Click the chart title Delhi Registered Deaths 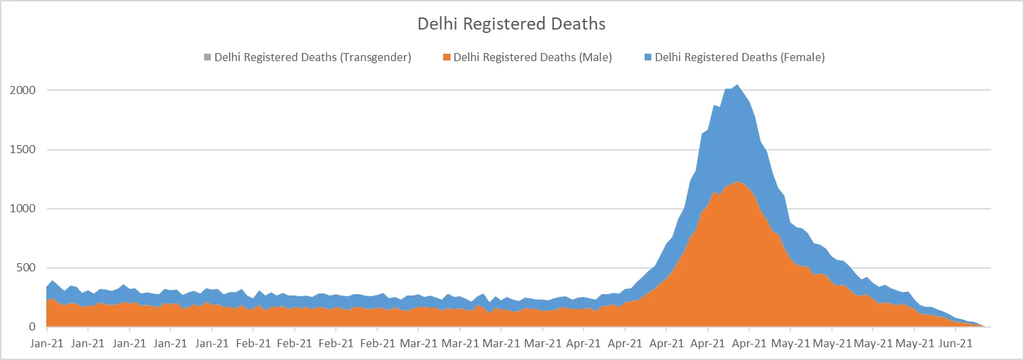click(511, 24)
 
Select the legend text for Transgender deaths click(312, 57)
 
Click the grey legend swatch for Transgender click(207, 57)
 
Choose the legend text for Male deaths click(532, 57)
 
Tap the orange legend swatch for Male click(447, 57)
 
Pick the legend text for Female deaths click(739, 57)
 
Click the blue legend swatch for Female click(648, 57)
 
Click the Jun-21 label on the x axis click(956, 343)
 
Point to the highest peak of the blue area click(737, 85)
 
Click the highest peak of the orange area click(737, 182)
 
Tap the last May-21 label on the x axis click(915, 343)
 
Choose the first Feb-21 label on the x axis click(253, 343)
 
